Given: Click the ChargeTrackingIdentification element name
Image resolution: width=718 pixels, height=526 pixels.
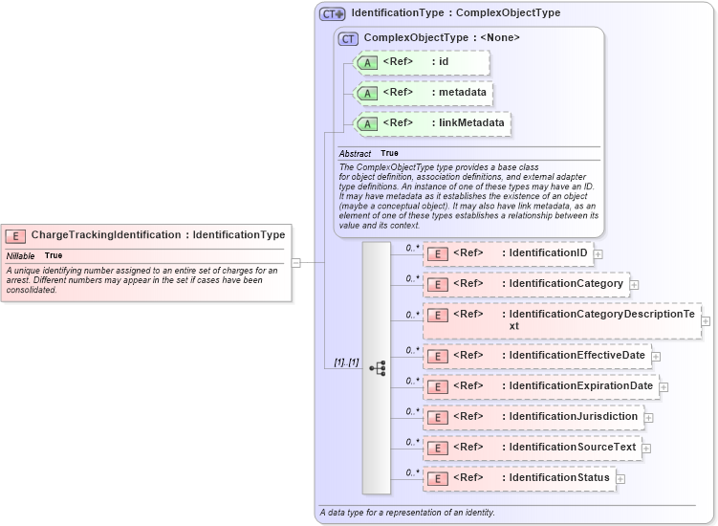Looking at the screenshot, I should pyautogui.click(x=105, y=235).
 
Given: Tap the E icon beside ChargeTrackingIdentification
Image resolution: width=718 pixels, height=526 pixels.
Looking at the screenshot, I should pyautogui.click(x=15, y=235).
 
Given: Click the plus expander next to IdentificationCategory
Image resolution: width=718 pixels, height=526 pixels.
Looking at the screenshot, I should pyautogui.click(x=634, y=285).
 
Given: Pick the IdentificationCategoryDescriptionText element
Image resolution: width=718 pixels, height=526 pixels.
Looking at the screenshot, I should pyautogui.click(x=562, y=319).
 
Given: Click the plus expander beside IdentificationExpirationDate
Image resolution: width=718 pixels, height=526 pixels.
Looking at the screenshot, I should pyautogui.click(x=664, y=387).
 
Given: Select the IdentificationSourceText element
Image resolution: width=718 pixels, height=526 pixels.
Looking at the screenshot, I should pyautogui.click(x=531, y=448).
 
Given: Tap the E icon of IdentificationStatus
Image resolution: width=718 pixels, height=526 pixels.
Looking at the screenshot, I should pyautogui.click(x=437, y=478).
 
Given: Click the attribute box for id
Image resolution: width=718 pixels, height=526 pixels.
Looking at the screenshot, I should pyautogui.click(x=421, y=62).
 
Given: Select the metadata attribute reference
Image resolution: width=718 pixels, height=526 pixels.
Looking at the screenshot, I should pyautogui.click(x=423, y=93).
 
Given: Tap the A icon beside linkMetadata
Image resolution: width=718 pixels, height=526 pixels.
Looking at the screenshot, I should pyautogui.click(x=367, y=123).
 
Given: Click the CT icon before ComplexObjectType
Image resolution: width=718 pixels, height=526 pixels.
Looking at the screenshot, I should pyautogui.click(x=349, y=39).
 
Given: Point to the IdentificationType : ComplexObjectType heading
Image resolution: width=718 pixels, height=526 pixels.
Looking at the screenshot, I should pyautogui.click(x=455, y=13).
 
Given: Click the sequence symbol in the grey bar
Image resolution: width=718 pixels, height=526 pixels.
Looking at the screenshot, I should pyautogui.click(x=377, y=367).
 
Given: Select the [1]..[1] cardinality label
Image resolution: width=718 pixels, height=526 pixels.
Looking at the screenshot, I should pyautogui.click(x=346, y=362).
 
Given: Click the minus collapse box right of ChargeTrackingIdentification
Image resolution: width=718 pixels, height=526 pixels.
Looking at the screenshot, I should pyautogui.click(x=296, y=262).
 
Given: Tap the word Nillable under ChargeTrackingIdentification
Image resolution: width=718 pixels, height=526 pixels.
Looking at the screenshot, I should pyautogui.click(x=21, y=256).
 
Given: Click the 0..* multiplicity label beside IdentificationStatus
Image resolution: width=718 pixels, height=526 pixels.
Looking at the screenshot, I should pyautogui.click(x=412, y=472).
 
